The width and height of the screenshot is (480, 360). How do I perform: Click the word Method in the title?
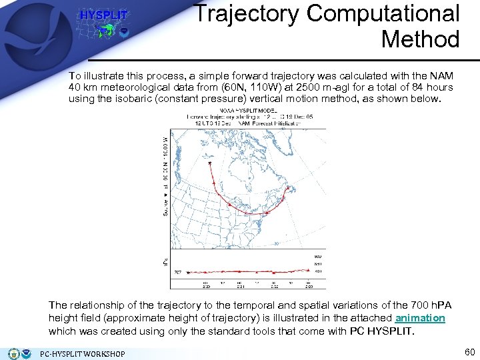pos(420,39)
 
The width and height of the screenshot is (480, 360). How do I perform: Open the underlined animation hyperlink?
pos(420,318)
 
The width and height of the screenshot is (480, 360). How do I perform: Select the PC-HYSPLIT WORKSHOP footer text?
pos(83,353)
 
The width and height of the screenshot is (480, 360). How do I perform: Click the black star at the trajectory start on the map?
pos(210,163)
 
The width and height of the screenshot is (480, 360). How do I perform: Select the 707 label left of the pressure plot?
pos(178,272)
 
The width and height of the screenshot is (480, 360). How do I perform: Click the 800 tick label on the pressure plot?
pos(317,256)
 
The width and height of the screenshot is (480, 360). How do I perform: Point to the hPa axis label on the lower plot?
pos(166,263)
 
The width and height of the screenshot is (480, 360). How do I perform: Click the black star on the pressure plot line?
pos(188,272)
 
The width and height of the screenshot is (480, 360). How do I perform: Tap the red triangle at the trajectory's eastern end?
pos(291,189)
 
